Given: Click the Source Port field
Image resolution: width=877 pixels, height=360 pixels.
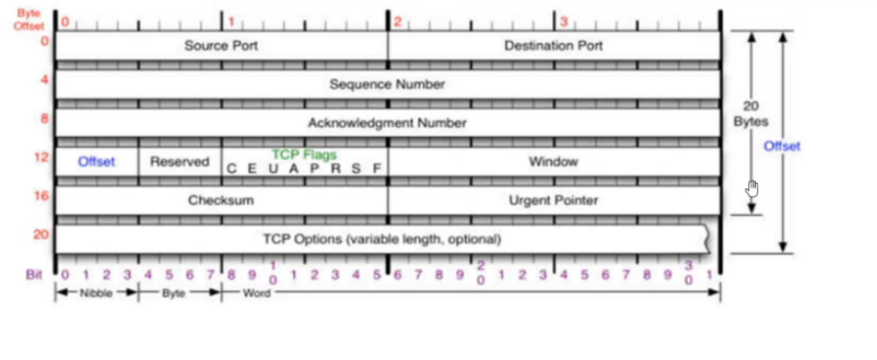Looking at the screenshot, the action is tap(220, 46).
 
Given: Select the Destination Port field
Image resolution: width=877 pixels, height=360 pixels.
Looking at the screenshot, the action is tap(554, 46).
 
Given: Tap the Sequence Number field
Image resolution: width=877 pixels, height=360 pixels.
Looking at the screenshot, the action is tap(387, 84).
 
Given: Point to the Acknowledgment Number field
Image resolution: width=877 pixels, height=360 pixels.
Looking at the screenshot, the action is tap(387, 123).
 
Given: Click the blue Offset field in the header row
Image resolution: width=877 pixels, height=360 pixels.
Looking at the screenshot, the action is tap(97, 162).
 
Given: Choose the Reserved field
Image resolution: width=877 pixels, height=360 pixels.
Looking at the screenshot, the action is tap(179, 162).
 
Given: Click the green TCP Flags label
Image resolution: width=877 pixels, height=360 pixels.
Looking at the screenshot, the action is tap(304, 154).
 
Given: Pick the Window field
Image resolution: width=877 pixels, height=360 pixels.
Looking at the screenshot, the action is tap(554, 162).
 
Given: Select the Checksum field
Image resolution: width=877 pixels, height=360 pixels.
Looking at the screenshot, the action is tap(220, 201).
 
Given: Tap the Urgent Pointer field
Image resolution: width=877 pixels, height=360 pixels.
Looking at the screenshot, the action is tap(554, 201).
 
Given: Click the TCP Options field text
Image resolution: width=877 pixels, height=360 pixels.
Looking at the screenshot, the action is tap(382, 239).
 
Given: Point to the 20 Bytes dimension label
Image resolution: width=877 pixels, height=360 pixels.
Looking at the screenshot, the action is tap(751, 113).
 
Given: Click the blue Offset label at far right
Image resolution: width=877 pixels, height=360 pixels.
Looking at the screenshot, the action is tap(781, 146).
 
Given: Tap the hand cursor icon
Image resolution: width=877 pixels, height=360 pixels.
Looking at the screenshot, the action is tap(752, 188).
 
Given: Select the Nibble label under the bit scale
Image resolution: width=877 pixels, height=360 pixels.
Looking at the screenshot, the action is tap(97, 293).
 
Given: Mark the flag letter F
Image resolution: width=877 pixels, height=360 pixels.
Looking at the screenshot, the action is tap(377, 168).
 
